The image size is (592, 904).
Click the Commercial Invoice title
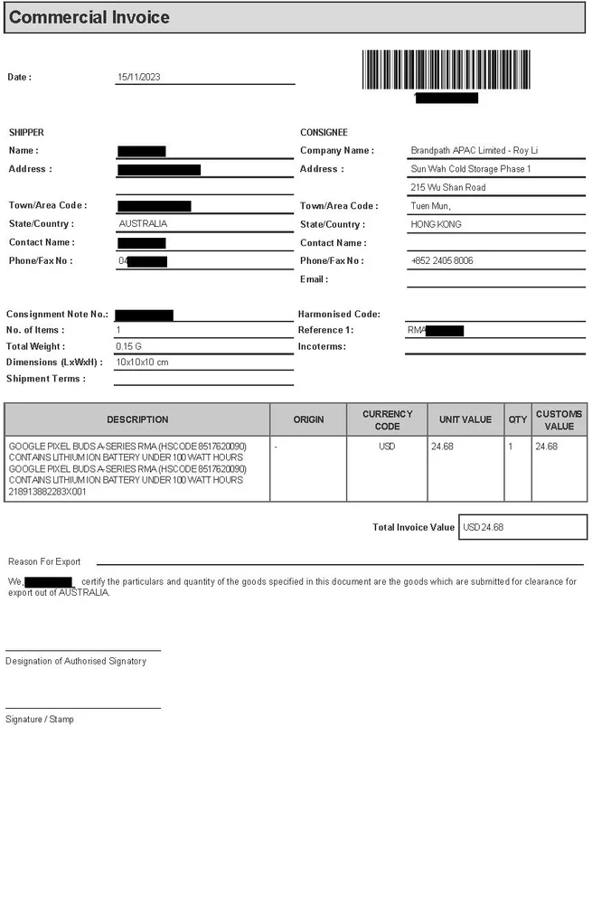(x=89, y=17)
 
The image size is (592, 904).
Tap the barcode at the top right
(x=446, y=70)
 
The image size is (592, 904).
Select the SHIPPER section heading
(x=26, y=133)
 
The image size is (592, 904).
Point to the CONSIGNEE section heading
(x=324, y=133)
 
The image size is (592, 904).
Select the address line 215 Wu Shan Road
(x=448, y=188)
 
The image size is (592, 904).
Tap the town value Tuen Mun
(x=431, y=206)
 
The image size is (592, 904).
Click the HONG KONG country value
(x=437, y=224)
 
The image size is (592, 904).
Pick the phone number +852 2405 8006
(x=442, y=261)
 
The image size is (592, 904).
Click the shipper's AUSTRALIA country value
(x=143, y=223)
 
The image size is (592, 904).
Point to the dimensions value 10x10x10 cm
(x=143, y=363)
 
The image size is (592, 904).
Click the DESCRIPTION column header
(x=137, y=419)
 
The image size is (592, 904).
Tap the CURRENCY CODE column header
(x=387, y=419)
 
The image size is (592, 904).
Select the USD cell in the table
(x=387, y=447)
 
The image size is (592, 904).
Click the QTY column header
(x=517, y=419)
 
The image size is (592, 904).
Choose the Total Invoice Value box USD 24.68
(x=523, y=527)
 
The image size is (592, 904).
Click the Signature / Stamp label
(x=40, y=720)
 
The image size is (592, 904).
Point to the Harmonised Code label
(x=339, y=315)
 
